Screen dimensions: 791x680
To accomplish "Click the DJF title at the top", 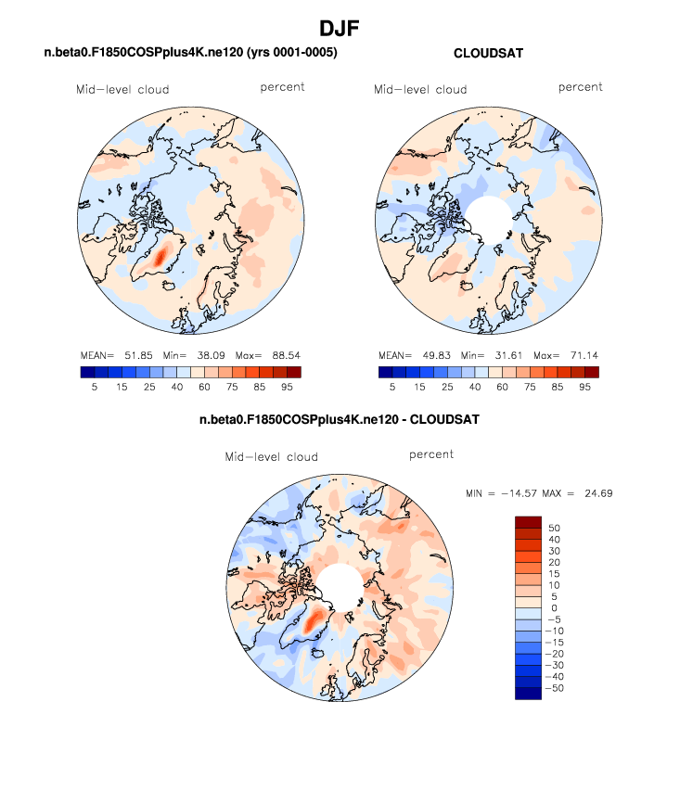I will [x=340, y=28].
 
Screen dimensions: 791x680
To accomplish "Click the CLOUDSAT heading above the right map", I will [x=488, y=54].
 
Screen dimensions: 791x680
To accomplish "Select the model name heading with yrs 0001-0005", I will [x=190, y=54].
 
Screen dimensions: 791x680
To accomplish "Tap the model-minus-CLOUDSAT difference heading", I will [x=340, y=420].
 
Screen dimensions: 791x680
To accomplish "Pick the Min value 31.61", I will [x=513, y=355].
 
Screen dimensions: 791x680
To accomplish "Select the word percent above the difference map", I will [x=431, y=455].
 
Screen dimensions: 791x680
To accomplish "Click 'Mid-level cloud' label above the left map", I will [x=122, y=90].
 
